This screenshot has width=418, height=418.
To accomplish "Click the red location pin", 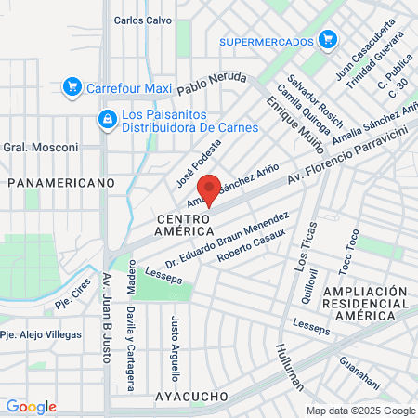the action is [x=210, y=189].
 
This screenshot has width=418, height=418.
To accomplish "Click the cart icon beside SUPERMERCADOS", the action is [x=326, y=40].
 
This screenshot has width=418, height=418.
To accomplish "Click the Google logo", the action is [x=31, y=407].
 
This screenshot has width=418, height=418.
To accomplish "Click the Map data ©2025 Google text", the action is [x=361, y=411].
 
